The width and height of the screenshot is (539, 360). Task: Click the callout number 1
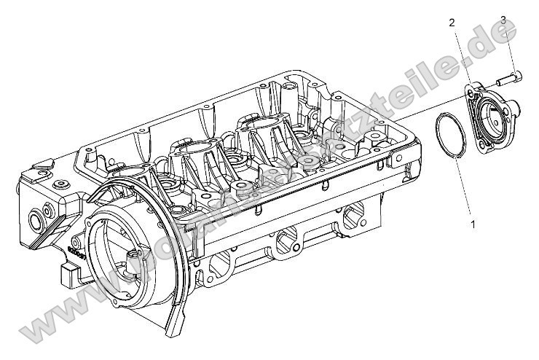coord(473,223)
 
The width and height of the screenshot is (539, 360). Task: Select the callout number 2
coord(452,23)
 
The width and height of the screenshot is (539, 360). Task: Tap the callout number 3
coord(503,19)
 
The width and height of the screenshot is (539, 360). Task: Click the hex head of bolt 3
coord(516,75)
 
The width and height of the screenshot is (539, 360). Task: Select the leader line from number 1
coord(467,189)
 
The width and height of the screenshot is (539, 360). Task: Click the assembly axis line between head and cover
coord(408,117)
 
